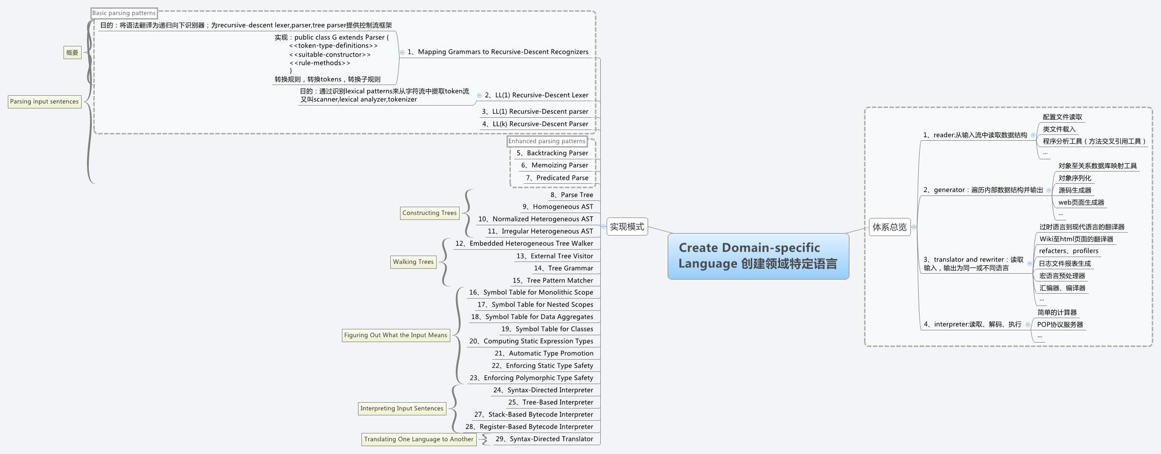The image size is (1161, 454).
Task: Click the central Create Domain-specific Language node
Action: pyautogui.click(x=758, y=256)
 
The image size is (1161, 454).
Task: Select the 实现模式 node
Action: pyautogui.click(x=627, y=227)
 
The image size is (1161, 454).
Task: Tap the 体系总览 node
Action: pyautogui.click(x=889, y=227)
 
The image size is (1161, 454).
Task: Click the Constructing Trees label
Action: pyautogui.click(x=429, y=213)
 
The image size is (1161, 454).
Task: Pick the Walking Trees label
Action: pyautogui.click(x=413, y=262)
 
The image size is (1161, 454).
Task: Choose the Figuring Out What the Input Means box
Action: pyautogui.click(x=395, y=335)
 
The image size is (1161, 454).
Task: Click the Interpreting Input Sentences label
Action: pyautogui.click(x=401, y=409)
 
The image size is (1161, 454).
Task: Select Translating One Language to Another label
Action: pyautogui.click(x=419, y=439)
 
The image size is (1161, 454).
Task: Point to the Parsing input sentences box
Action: pyautogui.click(x=44, y=102)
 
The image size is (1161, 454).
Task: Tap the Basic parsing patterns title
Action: pyautogui.click(x=124, y=13)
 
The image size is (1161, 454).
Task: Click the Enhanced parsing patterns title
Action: pyautogui.click(x=547, y=141)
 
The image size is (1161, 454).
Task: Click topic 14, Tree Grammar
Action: pyautogui.click(x=564, y=268)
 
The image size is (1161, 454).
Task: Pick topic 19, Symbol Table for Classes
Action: pyautogui.click(x=547, y=329)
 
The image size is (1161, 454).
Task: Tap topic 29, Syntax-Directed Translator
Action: pyautogui.click(x=544, y=439)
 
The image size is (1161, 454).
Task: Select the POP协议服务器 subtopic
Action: pyautogui.click(x=1060, y=324)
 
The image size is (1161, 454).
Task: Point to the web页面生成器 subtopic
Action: pyautogui.click(x=1081, y=202)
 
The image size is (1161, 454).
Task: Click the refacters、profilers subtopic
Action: pyautogui.click(x=1069, y=251)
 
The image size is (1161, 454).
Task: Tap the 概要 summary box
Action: pyautogui.click(x=72, y=53)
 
